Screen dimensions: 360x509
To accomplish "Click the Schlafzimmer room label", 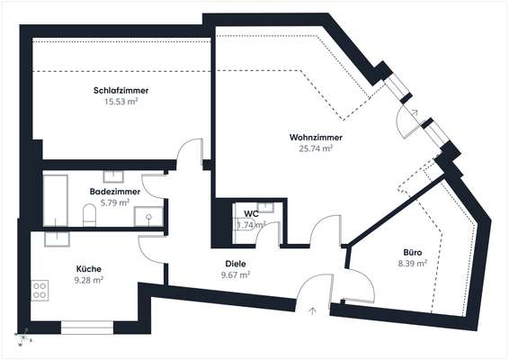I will [121, 91].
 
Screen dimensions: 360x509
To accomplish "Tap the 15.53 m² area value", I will [121, 103].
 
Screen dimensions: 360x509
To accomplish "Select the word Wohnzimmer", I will [316, 138].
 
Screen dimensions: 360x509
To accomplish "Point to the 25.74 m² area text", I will [316, 148].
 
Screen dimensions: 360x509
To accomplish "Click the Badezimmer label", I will [114, 192].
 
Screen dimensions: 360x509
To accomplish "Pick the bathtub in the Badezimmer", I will [56, 200].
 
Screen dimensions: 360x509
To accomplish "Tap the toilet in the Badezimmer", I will [89, 215].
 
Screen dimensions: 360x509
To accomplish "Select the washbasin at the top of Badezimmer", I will [114, 176].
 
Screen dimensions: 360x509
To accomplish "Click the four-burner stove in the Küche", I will [40, 290].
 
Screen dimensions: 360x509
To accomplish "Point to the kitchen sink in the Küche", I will [58, 238].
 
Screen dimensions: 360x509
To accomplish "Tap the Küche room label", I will [88, 269].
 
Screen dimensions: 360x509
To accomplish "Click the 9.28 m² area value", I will [88, 280].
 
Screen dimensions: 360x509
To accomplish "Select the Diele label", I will [236, 264].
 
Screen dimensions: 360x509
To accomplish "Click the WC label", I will [251, 214].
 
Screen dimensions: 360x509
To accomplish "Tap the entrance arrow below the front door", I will [312, 310].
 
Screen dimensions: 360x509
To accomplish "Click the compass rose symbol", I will [24, 338].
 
